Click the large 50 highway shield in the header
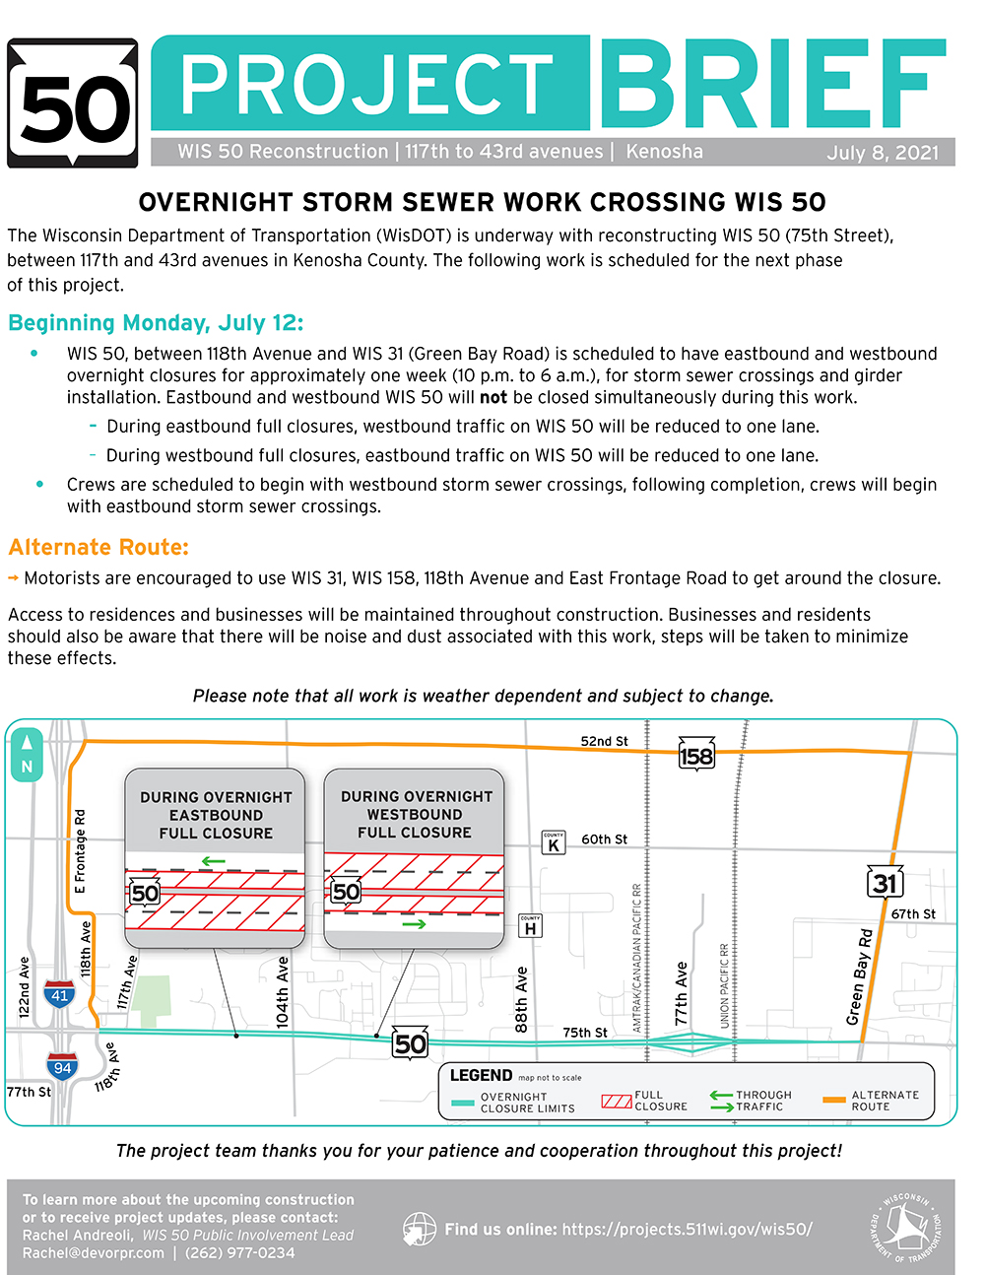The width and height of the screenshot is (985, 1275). pyautogui.click(x=73, y=104)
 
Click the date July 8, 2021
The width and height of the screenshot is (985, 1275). pyautogui.click(x=883, y=152)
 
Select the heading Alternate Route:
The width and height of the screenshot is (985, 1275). pyautogui.click(x=98, y=548)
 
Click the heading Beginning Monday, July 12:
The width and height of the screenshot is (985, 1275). pyautogui.click(x=156, y=323)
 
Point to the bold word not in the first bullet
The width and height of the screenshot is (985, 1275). pyautogui.click(x=492, y=397)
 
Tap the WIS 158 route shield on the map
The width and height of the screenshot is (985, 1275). pyautogui.click(x=696, y=756)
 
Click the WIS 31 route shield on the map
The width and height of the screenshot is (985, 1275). pyautogui.click(x=885, y=883)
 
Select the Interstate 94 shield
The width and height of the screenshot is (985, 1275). pyautogui.click(x=61, y=1066)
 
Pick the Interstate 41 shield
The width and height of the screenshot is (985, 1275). pyautogui.click(x=60, y=994)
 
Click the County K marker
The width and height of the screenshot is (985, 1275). pyautogui.click(x=554, y=842)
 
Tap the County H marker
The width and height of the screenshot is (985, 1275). pyautogui.click(x=530, y=926)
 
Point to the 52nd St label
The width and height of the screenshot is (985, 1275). pyautogui.click(x=604, y=741)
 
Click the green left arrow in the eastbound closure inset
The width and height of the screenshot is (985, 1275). pyautogui.click(x=214, y=861)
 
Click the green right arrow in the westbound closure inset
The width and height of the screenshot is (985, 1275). pyautogui.click(x=414, y=924)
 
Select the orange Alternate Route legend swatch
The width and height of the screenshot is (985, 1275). pyautogui.click(x=834, y=1100)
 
